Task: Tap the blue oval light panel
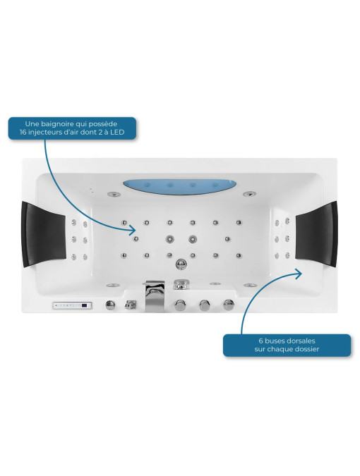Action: [179, 187]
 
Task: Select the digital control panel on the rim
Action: [72, 305]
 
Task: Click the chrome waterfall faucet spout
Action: [155, 296]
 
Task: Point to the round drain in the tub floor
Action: [181, 263]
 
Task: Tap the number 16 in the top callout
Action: [23, 133]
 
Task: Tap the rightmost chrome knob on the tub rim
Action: [229, 305]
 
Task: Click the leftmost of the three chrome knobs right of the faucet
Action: [180, 305]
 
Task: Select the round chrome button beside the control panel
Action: [110, 305]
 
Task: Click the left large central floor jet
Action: [170, 239]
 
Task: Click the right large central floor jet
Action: [192, 239]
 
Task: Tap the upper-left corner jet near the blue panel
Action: [114, 194]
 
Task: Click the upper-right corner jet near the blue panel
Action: [249, 194]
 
